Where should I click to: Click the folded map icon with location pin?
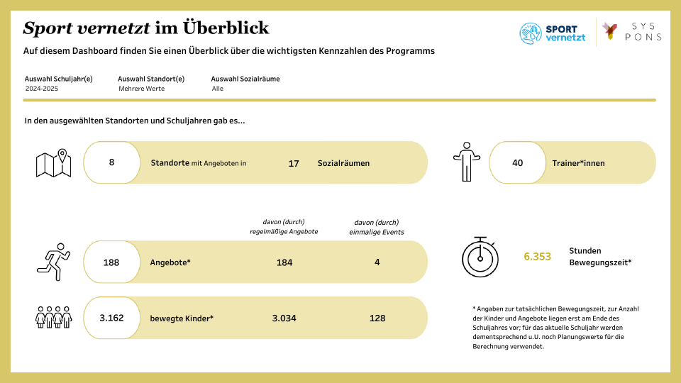(x=55, y=163)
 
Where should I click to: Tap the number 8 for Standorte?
(x=111, y=162)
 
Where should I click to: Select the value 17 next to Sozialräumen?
(x=294, y=163)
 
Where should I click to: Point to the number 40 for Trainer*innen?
(x=517, y=162)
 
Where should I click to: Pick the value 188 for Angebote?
(x=111, y=262)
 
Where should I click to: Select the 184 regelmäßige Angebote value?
(x=284, y=262)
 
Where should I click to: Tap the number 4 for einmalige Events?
(x=377, y=262)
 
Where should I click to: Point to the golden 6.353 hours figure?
(x=537, y=256)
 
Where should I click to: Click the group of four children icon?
(x=55, y=318)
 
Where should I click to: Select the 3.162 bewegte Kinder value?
(x=111, y=318)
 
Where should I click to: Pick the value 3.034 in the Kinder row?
(x=284, y=318)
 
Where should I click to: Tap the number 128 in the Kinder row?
(x=377, y=318)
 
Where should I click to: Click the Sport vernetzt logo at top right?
(x=553, y=33)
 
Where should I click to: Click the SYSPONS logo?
(x=631, y=31)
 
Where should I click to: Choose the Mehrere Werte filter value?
(x=141, y=89)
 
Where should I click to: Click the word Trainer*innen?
(x=578, y=162)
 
